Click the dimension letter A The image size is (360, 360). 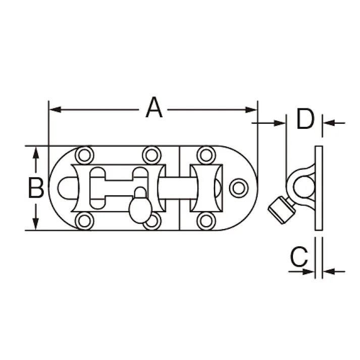(x=155, y=108)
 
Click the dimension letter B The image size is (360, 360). (x=35, y=188)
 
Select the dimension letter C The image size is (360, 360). (x=299, y=258)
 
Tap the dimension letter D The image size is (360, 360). (x=305, y=120)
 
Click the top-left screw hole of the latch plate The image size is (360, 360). (x=84, y=155)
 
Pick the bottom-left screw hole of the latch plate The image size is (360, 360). (x=84, y=221)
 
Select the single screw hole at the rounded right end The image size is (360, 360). (x=238, y=188)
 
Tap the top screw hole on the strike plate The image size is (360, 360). (x=205, y=155)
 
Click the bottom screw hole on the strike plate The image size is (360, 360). (x=205, y=221)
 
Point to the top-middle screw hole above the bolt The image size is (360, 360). (x=151, y=155)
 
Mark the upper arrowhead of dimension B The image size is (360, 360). (x=35, y=152)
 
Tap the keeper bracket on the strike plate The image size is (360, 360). (x=205, y=188)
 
